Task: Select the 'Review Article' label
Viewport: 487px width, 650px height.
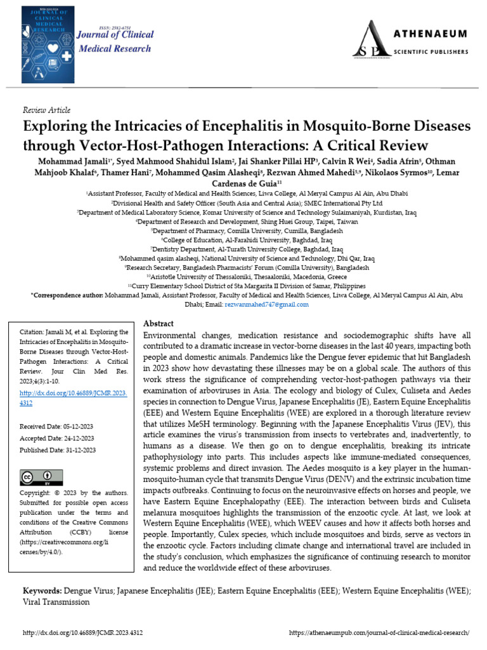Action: coord(46,110)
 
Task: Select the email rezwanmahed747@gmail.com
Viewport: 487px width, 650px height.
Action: coord(266,304)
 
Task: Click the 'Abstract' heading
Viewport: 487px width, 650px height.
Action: coord(159,323)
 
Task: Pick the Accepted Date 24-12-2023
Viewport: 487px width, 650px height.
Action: coord(58,438)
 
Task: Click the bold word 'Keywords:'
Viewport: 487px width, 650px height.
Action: coord(42,591)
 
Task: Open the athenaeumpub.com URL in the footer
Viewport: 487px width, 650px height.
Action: coord(379,633)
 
